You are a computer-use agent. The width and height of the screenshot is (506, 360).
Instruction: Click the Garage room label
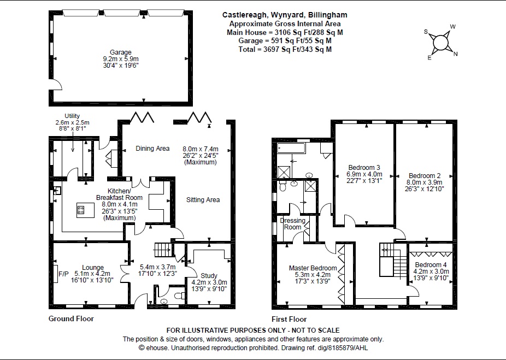[x=120, y=52]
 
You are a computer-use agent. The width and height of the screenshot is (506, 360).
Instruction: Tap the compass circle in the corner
[x=440, y=43]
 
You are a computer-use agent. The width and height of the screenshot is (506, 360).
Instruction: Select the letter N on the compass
[x=455, y=54]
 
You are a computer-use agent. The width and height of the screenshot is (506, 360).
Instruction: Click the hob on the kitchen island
[x=81, y=210]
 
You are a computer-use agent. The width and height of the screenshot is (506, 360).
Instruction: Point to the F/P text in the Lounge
[x=63, y=274]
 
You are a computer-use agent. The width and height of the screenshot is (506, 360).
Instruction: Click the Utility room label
[x=72, y=116]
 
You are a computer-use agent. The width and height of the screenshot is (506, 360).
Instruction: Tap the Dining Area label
[x=152, y=149]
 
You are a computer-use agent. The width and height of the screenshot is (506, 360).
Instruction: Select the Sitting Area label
[x=203, y=200]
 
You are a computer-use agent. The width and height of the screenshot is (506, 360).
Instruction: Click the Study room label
[x=209, y=275]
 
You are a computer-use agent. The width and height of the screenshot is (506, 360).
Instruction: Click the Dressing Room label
[x=293, y=223]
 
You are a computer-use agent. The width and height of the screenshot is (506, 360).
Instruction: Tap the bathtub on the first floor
[x=291, y=148]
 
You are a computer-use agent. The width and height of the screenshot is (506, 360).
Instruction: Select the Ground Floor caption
[x=71, y=318]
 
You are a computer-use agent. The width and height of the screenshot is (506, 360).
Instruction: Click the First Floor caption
[x=289, y=320]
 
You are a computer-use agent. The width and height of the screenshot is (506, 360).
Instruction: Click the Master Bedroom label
[x=313, y=268]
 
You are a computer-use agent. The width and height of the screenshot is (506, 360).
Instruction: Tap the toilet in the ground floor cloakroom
[x=180, y=296]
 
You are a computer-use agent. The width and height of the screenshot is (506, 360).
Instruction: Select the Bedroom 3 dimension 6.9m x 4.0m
[x=364, y=174]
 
